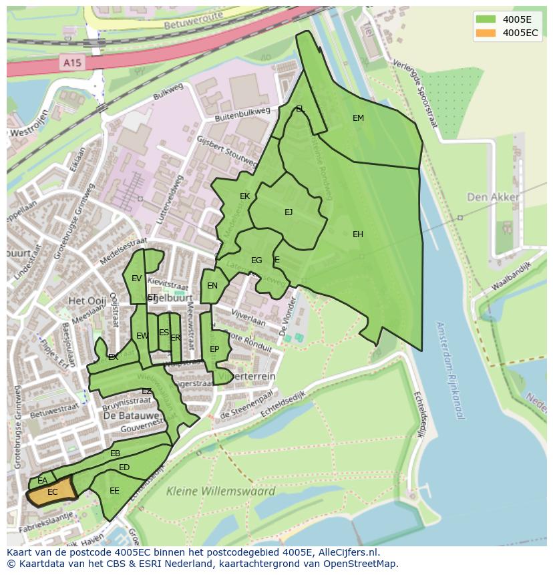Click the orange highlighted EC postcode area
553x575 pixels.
tap(52, 494)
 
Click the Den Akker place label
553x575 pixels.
tap(493, 197)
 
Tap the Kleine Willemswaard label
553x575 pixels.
tap(220, 492)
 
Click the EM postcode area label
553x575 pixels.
tap(358, 118)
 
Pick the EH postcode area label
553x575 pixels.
tap(358, 234)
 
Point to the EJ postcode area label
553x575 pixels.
tap(289, 212)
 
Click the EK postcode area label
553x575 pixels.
tap(244, 196)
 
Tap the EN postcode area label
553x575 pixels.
tap(212, 286)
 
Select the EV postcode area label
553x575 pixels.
tap(136, 278)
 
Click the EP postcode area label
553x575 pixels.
tap(214, 349)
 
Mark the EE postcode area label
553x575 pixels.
tap(114, 491)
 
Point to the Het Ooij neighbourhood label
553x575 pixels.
tap(87, 301)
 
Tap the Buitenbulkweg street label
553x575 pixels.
tap(242, 114)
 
